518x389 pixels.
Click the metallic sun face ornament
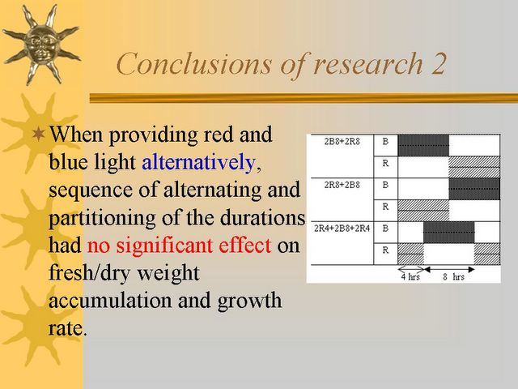click(x=41, y=44)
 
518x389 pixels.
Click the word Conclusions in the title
click(x=194, y=63)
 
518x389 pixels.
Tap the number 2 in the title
click(x=437, y=63)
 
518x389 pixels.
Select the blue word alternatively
click(x=198, y=162)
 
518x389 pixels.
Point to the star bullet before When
click(x=38, y=135)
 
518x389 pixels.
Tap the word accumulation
click(x=111, y=301)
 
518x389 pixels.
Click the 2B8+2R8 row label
click(x=342, y=142)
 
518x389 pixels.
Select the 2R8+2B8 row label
click(x=342, y=185)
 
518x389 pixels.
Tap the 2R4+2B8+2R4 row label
click(x=342, y=229)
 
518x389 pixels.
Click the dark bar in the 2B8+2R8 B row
click(x=423, y=145)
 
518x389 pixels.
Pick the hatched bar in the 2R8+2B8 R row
click(x=423, y=211)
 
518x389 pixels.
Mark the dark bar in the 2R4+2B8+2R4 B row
click(x=449, y=233)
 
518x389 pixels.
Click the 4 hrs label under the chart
click(x=410, y=277)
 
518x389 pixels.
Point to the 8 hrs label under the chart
click(x=453, y=277)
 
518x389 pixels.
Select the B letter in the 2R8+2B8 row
click(x=385, y=185)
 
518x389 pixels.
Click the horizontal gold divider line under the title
click(x=304, y=98)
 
